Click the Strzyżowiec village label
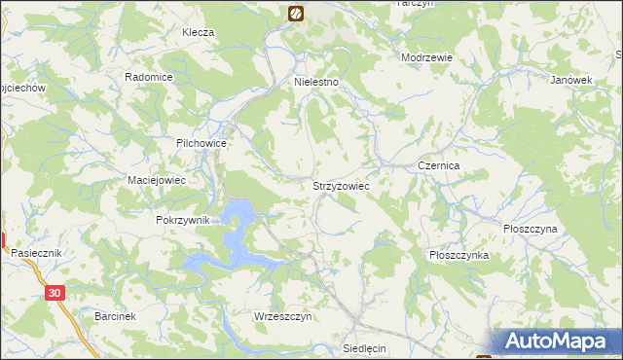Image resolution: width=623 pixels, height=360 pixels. pyautogui.click(x=340, y=184)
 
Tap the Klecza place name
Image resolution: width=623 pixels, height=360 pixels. pyautogui.click(x=198, y=32)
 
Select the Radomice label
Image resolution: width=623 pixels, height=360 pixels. pyautogui.click(x=149, y=77)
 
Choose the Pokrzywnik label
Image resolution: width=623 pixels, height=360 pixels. pyautogui.click(x=182, y=221)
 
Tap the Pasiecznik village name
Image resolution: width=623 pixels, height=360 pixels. pyautogui.click(x=36, y=252)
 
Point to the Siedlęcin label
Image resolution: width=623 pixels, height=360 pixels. pyautogui.click(x=366, y=347)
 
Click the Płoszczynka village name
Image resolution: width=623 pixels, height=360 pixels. pyautogui.click(x=458, y=254)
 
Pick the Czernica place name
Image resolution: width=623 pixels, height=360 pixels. pyautogui.click(x=438, y=166)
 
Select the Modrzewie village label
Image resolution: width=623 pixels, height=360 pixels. pyautogui.click(x=427, y=57)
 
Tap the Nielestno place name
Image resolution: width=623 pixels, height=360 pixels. pyautogui.click(x=316, y=83)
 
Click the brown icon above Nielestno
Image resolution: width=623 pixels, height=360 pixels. pyautogui.click(x=296, y=13)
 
